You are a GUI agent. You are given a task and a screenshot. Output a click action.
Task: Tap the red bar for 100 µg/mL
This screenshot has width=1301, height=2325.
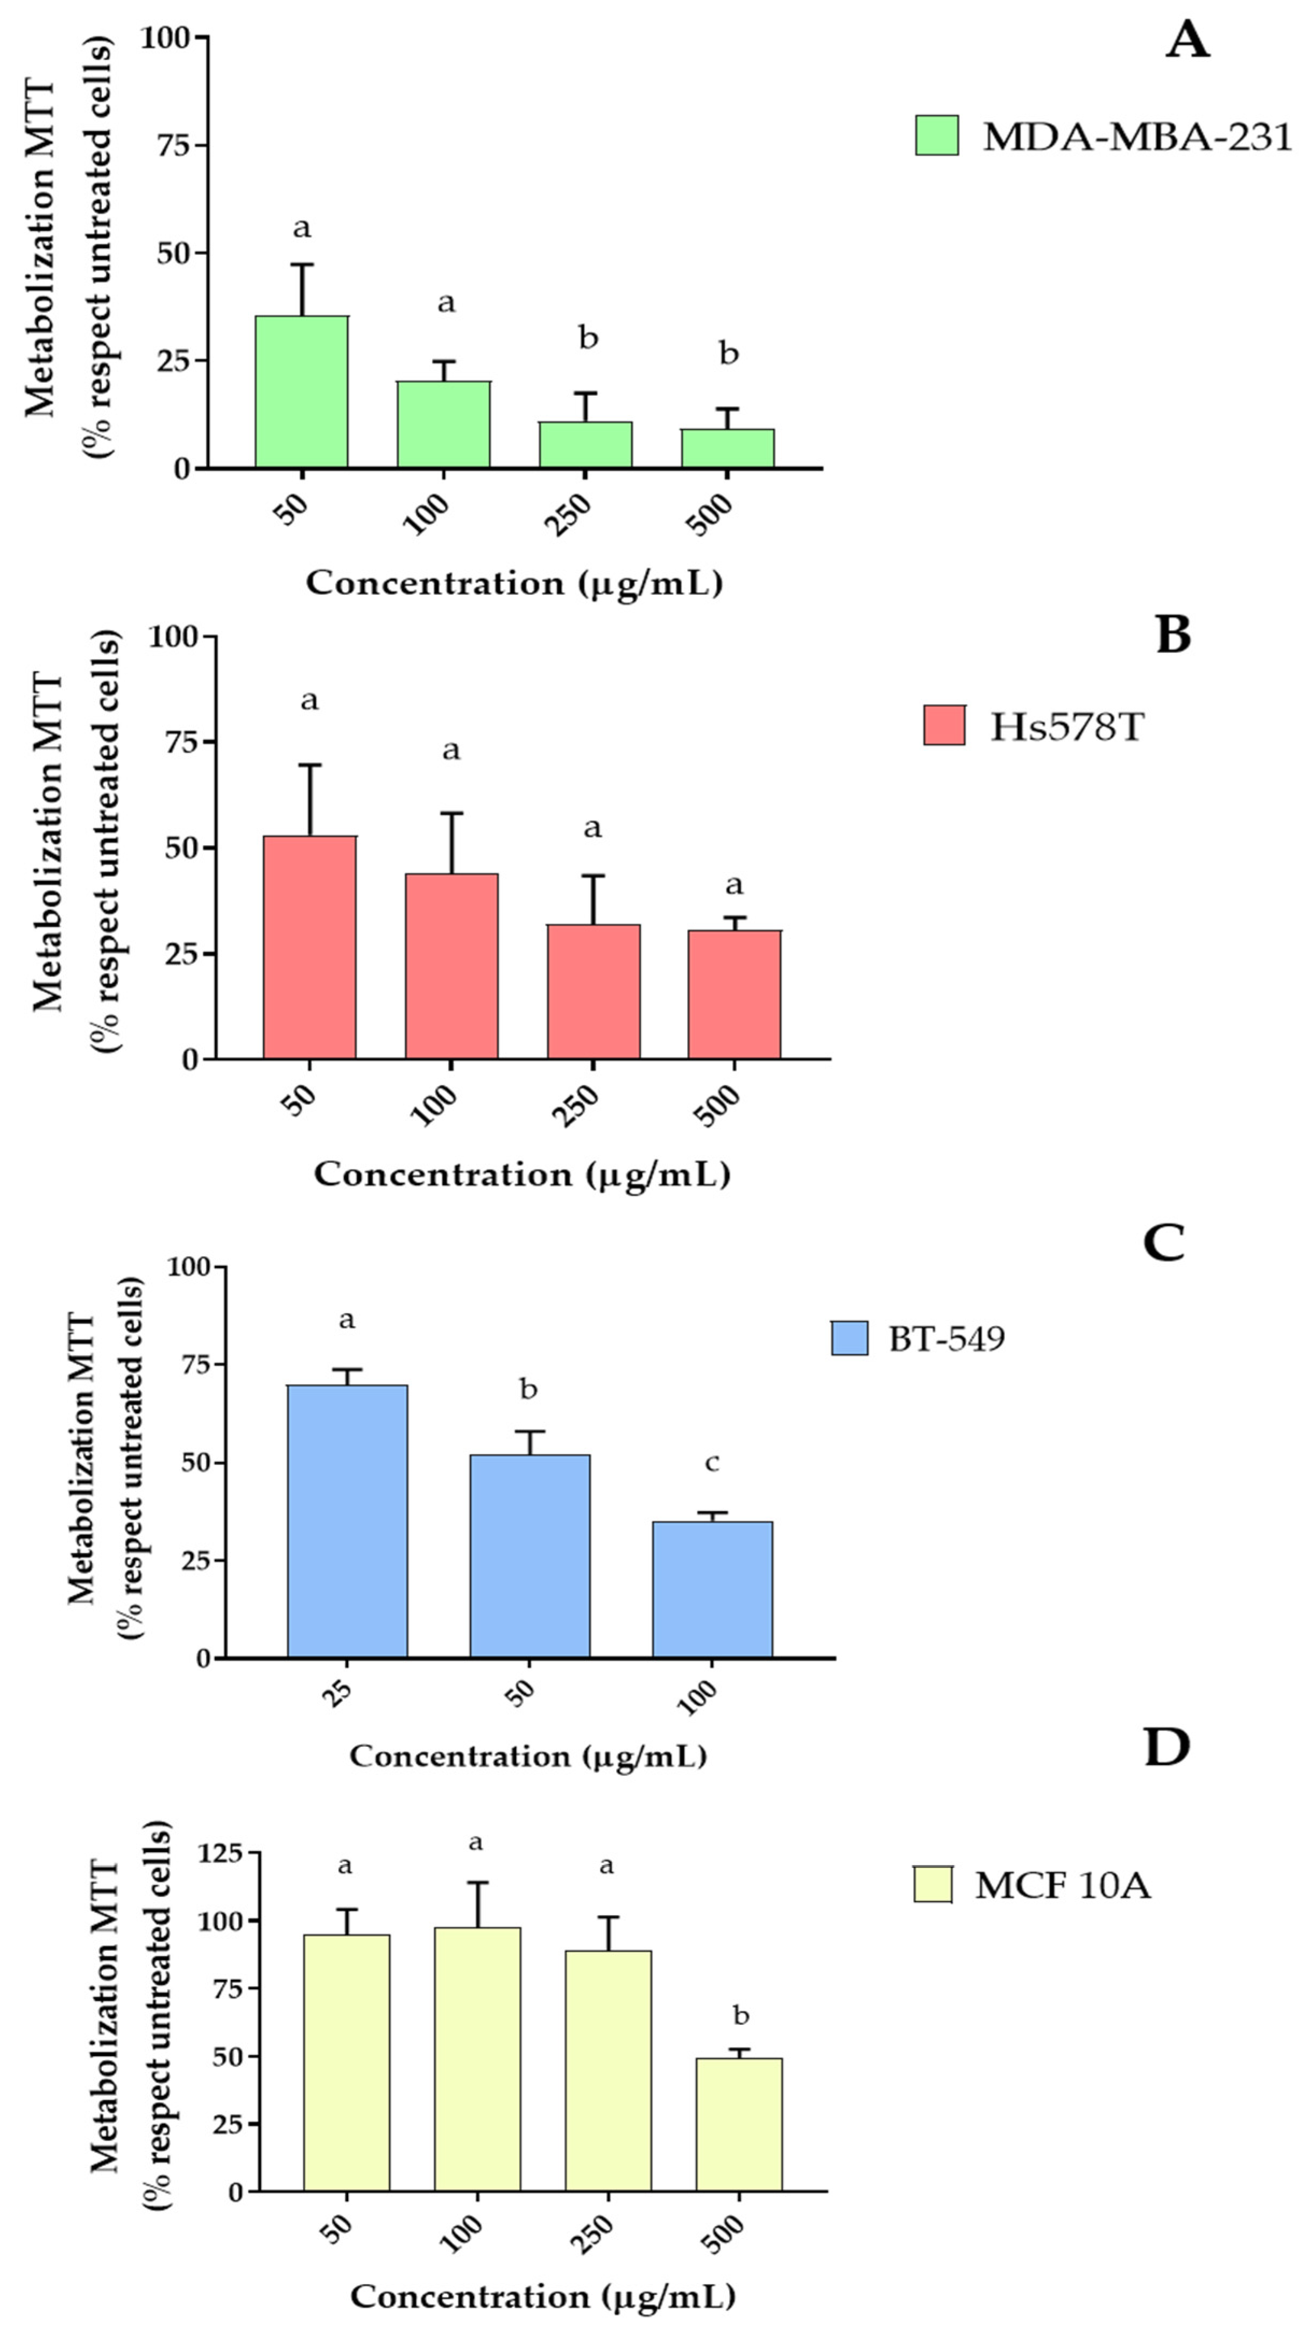[451, 966]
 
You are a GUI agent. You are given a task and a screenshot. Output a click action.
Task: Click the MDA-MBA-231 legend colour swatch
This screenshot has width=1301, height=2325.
[936, 136]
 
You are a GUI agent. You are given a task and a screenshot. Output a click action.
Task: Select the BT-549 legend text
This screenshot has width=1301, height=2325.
[946, 1339]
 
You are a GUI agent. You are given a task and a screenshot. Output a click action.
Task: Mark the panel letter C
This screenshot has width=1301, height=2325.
[1164, 1244]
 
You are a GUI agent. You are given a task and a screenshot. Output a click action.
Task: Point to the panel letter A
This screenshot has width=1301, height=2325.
[1187, 41]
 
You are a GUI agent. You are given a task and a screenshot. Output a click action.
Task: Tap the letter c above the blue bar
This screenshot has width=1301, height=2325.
[711, 1463]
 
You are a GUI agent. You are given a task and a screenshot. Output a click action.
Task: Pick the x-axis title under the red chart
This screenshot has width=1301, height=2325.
[522, 1174]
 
